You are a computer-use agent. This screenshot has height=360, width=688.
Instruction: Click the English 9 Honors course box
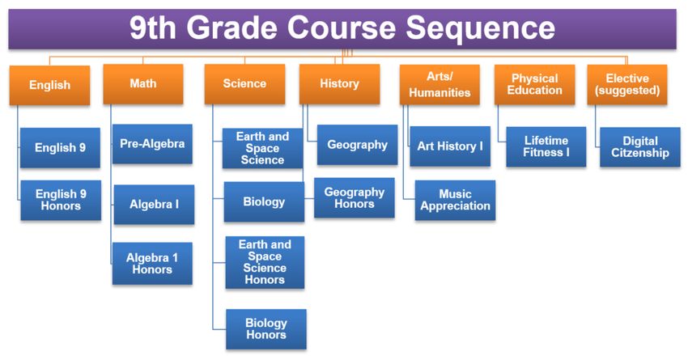tap(61, 200)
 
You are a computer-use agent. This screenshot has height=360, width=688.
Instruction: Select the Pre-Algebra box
tap(152, 144)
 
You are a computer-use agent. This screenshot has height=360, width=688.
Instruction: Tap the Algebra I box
tap(154, 205)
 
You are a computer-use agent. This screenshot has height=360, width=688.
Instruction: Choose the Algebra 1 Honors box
tap(152, 264)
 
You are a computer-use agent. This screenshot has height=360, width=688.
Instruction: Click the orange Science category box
tap(244, 84)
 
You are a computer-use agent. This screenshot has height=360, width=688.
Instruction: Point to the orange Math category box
tap(143, 84)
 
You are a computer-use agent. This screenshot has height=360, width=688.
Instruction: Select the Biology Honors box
tap(266, 329)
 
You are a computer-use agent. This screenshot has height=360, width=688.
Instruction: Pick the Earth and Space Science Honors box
tap(265, 262)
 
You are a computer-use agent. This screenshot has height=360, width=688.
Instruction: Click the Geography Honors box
tap(354, 197)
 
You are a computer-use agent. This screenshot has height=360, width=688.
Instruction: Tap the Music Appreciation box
tap(455, 200)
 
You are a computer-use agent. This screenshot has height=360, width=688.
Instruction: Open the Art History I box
tap(450, 146)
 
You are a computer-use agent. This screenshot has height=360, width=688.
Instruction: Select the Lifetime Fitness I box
tap(546, 147)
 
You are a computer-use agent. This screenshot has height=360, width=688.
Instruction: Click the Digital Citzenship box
tap(640, 147)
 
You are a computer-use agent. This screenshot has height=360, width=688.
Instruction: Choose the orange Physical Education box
tap(534, 85)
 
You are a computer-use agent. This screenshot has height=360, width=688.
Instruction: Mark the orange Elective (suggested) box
tap(627, 85)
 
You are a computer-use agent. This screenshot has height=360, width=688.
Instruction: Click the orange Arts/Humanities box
tap(440, 85)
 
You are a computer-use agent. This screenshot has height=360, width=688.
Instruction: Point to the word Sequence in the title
tap(481, 28)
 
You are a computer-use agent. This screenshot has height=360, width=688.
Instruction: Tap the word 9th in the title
tap(153, 28)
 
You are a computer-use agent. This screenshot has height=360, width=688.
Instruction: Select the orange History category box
tap(340, 84)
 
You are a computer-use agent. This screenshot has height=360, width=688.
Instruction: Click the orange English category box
tap(49, 86)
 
